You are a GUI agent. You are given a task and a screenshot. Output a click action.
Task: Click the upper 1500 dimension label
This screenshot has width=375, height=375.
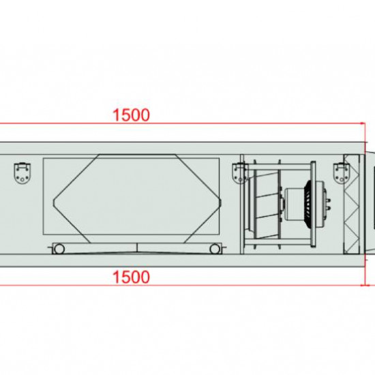(x=131, y=115)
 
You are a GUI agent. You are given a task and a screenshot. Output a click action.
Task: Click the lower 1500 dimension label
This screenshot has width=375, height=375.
(x=131, y=277)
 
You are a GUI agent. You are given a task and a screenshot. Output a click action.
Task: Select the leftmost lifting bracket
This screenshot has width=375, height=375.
(x=22, y=173)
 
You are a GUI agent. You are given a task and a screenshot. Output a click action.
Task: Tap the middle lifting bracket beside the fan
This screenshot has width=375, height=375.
(x=239, y=173)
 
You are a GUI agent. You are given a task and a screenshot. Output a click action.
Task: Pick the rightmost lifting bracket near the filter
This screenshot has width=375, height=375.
(x=342, y=173)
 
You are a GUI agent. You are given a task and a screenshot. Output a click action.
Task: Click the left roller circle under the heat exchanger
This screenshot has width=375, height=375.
(x=59, y=249)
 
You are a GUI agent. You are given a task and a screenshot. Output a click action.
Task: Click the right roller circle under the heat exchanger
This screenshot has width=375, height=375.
(x=215, y=249)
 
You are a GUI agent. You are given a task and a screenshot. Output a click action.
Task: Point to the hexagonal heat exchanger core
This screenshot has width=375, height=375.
(x=137, y=198)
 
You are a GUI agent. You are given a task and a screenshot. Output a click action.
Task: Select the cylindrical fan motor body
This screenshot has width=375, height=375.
(x=295, y=205)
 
